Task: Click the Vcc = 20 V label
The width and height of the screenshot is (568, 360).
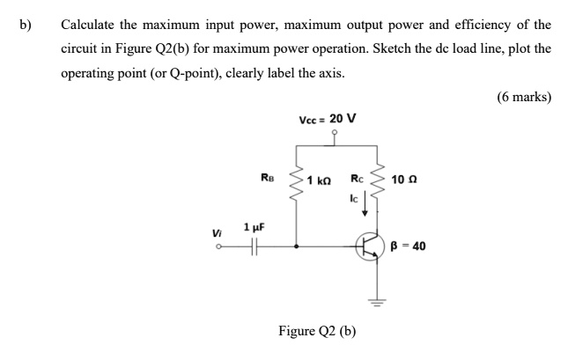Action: coord(328,121)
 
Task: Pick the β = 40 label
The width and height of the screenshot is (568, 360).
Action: coord(409,246)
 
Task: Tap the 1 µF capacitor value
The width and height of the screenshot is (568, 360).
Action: coord(254,226)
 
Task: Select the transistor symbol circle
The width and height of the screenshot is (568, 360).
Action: coord(372,248)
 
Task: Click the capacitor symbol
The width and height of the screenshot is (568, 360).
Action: coord(254,247)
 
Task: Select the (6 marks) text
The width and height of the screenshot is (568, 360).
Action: coord(523,98)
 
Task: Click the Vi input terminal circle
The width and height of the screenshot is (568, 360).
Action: coord(219,247)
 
